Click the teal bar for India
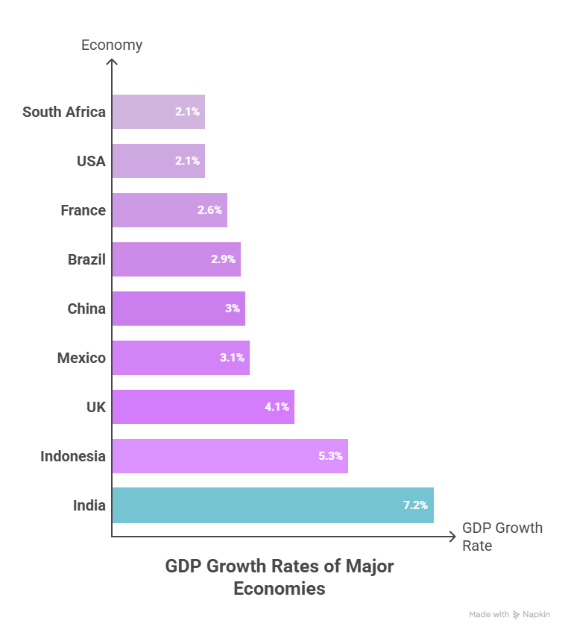pos(272,505)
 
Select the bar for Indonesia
pos(230,456)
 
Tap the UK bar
pos(203,407)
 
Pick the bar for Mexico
pos(180,358)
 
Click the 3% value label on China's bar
pos(233,309)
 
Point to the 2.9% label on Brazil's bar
pos(223,259)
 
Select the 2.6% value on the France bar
pos(209,210)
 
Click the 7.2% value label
pos(415,505)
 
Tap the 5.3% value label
pos(330,456)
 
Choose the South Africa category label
pos(64,112)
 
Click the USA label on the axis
pos(91,161)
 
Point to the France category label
pos(83,210)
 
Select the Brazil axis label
pos(86,259)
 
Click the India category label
pos(89,505)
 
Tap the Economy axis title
pos(112,45)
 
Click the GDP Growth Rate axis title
pos(502,537)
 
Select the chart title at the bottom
pos(280,577)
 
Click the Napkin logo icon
pos(517,615)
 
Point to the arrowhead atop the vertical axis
pos(112,61)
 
